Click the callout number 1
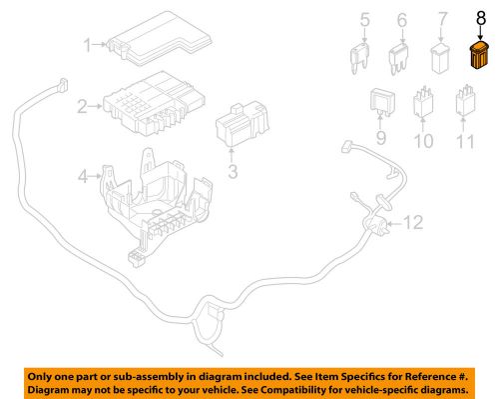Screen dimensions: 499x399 87,44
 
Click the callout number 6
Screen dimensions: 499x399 401,20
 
